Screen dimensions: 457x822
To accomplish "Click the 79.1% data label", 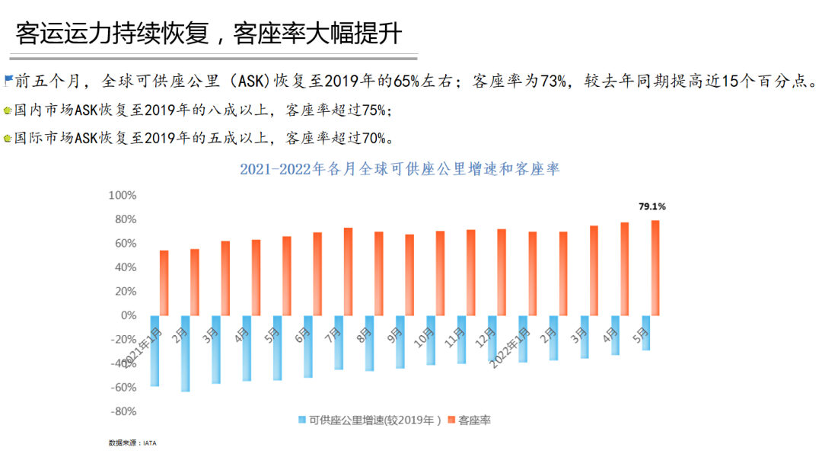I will [652, 206].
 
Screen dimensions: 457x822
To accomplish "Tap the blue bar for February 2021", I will [185, 353].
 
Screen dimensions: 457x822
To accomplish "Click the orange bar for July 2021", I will [348, 271].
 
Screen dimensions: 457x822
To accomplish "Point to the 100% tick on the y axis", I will [123, 196].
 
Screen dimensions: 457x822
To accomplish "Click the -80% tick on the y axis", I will [123, 412].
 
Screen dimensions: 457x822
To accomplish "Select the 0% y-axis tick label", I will [128, 315].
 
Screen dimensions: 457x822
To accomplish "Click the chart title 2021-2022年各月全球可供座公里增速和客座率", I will [400, 169].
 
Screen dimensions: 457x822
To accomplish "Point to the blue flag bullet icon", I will [8, 78].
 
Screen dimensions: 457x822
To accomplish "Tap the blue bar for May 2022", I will [646, 333].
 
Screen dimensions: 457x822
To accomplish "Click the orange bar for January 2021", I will [164, 283].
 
